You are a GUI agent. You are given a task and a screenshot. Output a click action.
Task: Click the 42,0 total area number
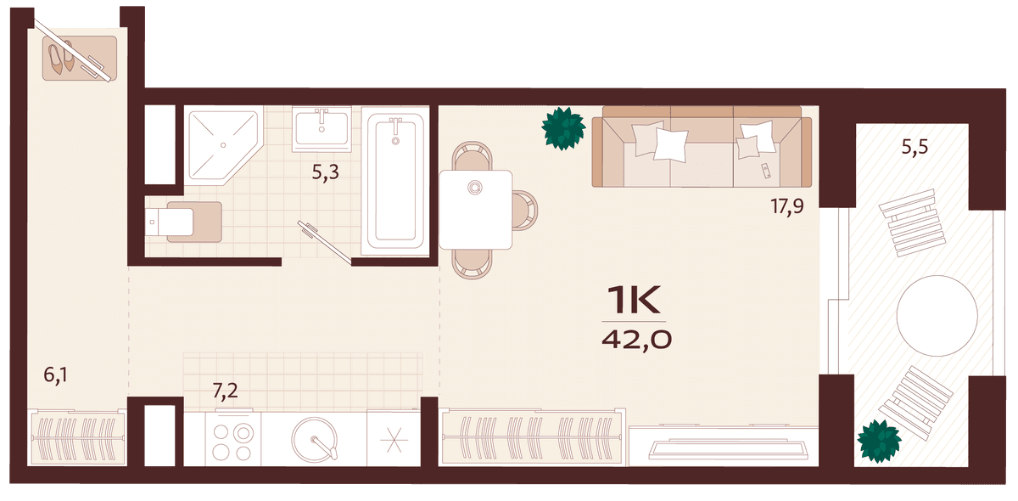[636, 340]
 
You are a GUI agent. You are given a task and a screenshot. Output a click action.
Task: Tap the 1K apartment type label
[634, 300]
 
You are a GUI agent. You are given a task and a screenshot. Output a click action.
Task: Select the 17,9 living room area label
[787, 207]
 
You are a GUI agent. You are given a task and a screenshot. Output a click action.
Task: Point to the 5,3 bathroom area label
[326, 173]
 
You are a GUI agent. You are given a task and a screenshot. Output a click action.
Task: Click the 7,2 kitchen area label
[226, 391]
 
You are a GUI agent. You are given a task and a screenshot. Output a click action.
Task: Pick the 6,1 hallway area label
[55, 375]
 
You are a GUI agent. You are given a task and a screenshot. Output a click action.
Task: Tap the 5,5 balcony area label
[915, 147]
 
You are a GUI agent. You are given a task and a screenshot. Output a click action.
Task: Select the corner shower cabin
[224, 145]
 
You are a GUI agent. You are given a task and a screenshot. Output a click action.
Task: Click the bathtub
[395, 181]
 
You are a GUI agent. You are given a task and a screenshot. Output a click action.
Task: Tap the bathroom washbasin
[322, 129]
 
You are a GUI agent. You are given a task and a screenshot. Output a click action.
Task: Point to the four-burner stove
[232, 440]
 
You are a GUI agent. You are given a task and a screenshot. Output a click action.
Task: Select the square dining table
[475, 210]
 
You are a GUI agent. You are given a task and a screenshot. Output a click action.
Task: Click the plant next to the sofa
[563, 128]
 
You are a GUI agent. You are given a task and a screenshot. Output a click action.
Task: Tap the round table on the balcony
[937, 316]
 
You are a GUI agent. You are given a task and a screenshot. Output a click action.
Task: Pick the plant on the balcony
[879, 441]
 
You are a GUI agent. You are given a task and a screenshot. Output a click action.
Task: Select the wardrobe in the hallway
[77, 438]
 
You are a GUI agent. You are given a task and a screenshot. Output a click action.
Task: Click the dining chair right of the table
[525, 210]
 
